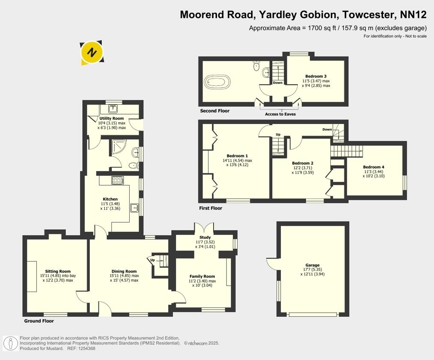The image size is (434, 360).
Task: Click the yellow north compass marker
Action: point(92,53)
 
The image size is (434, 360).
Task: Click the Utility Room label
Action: point(112,118)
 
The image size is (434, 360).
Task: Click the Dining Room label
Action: point(124,271)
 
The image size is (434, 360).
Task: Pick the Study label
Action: point(205,237)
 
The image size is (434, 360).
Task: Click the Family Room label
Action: point(202,276)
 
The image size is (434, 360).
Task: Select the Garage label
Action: point(312,265)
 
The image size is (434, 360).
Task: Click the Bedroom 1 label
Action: point(237,156)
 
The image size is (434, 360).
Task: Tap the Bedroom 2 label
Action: point(303,163)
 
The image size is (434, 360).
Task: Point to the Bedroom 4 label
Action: point(374,167)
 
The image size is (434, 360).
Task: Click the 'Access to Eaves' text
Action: point(280,114)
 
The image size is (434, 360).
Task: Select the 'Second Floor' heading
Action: point(215,111)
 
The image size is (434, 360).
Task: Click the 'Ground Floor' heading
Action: point(39,321)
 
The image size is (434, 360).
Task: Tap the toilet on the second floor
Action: point(256,65)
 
